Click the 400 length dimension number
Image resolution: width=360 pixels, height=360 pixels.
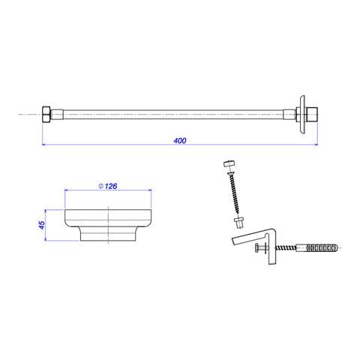pos(180,141)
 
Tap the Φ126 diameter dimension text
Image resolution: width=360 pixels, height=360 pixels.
pos(108,186)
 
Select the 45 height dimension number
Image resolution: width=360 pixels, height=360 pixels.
pos(42,225)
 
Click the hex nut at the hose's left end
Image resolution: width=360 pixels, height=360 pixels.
pos(46,114)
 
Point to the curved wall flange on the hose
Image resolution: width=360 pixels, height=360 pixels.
pos(302,114)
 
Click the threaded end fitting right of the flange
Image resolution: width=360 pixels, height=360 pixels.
pos(312,114)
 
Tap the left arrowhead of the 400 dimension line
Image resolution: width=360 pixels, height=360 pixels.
pos(43,145)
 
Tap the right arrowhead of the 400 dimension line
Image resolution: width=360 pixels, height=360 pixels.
pos(316,145)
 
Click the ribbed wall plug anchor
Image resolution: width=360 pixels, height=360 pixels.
pos(322,248)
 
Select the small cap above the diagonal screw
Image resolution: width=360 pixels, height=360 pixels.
pos(229,164)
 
